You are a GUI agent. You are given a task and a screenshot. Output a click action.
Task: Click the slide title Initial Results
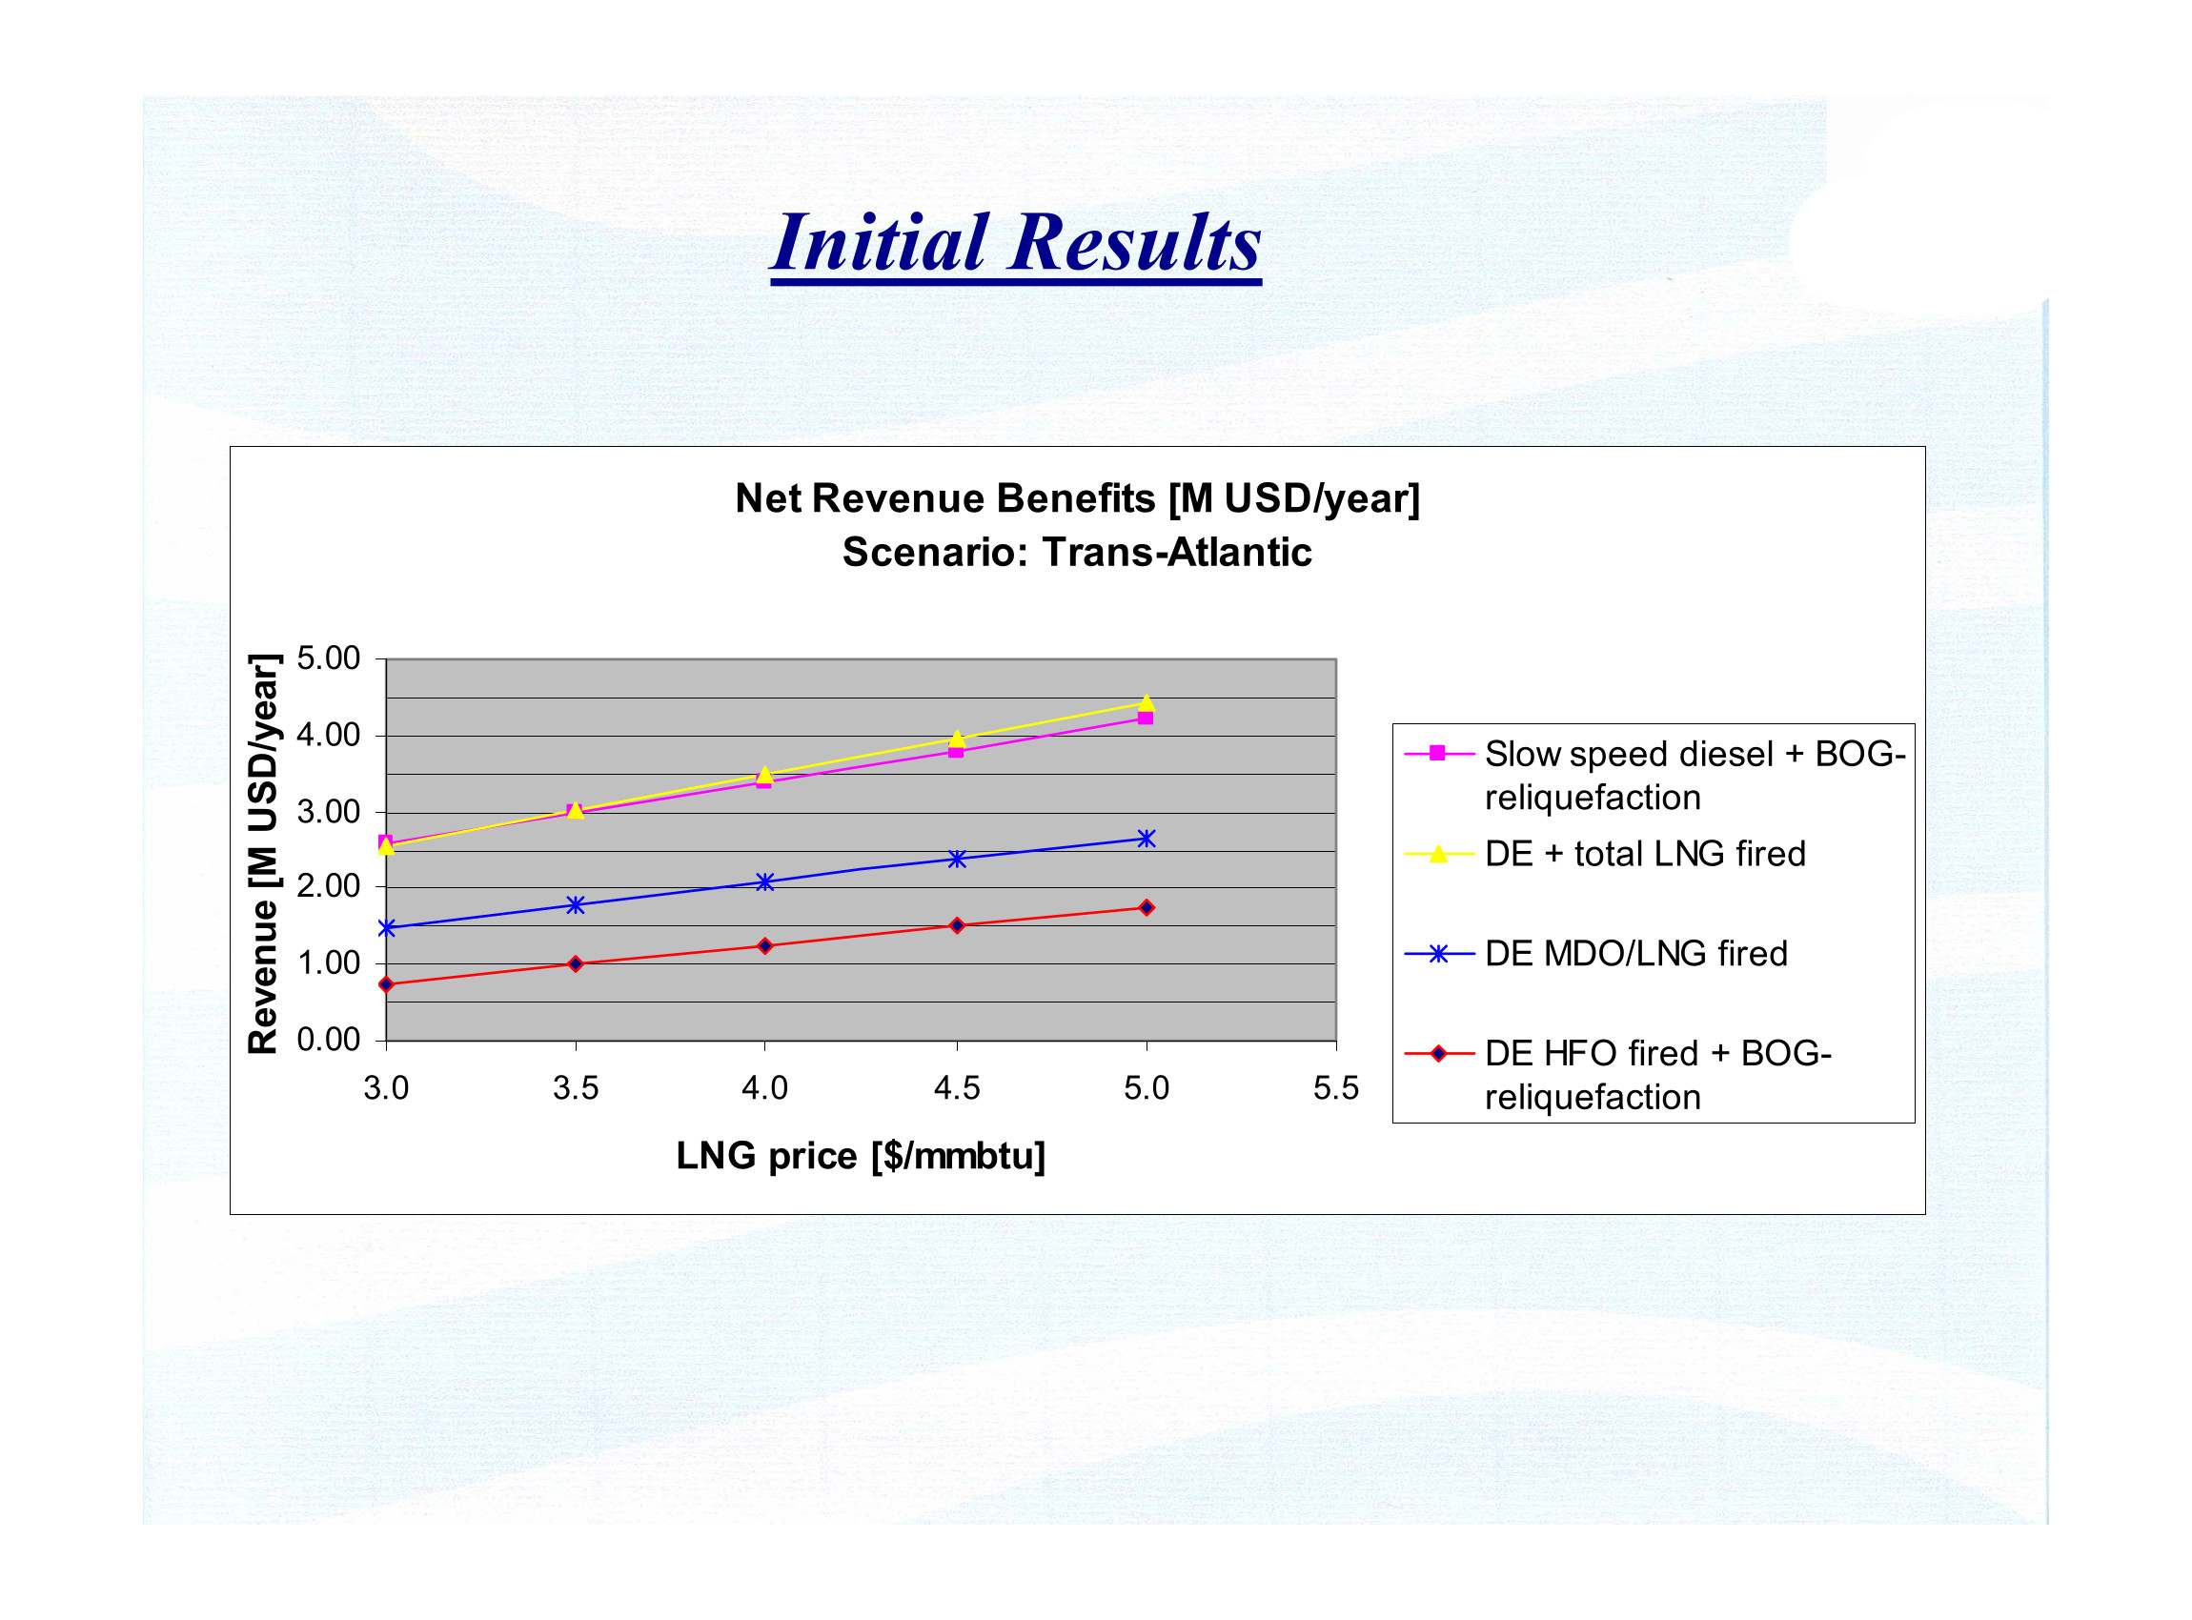point(1016,242)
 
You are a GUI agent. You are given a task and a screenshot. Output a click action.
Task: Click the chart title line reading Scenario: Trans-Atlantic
point(1077,552)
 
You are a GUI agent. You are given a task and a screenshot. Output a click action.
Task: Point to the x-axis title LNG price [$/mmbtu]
point(862,1156)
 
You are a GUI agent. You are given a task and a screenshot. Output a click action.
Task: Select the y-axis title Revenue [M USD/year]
point(263,853)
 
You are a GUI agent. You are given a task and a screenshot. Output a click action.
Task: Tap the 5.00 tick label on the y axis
point(329,658)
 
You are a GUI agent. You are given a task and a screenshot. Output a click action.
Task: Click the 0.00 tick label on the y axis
point(329,1040)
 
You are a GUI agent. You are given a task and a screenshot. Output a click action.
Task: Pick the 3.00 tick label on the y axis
point(329,812)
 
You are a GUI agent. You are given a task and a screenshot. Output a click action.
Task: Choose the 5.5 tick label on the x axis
point(1336,1087)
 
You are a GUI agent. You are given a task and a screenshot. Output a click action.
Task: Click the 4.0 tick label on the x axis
point(765,1087)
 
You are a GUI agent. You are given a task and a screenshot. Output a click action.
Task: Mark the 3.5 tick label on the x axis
point(576,1087)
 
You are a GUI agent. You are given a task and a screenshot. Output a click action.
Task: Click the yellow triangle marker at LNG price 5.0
point(1147,702)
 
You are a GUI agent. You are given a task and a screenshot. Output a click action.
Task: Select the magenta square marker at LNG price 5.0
point(1146,718)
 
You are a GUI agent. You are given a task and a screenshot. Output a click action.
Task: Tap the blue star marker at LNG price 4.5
point(957,859)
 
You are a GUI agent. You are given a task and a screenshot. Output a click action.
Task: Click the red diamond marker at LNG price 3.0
point(386,983)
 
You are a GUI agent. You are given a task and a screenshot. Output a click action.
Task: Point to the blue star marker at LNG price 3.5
point(576,905)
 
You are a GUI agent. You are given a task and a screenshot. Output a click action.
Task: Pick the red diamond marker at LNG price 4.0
point(765,946)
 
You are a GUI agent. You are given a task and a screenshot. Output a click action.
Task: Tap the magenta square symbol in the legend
point(1438,753)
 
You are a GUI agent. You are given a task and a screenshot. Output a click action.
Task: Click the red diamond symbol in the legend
point(1438,1054)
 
